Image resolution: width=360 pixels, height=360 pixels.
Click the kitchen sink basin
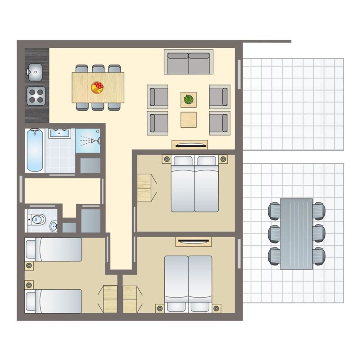(x=35, y=70)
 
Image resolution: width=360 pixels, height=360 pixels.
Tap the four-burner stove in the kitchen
(x=35, y=95)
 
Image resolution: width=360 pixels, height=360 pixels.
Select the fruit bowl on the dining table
(x=97, y=87)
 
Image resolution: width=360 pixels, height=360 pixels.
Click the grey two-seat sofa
(x=188, y=62)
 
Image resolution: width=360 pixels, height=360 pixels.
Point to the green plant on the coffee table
(x=189, y=99)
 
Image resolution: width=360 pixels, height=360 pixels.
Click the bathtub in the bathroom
(x=35, y=150)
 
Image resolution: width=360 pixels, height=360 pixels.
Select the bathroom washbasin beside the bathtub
(x=60, y=133)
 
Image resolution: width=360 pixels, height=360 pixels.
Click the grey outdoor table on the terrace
(x=296, y=234)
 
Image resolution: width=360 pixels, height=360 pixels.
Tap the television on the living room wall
(x=189, y=145)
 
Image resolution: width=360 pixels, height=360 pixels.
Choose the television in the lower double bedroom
(x=193, y=242)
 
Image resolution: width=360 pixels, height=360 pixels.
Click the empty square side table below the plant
(x=189, y=119)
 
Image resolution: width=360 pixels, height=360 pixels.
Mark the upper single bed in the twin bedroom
(x=54, y=249)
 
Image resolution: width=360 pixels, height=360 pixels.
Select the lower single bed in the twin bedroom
(x=54, y=301)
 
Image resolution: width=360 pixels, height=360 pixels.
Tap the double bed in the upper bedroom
(x=195, y=184)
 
